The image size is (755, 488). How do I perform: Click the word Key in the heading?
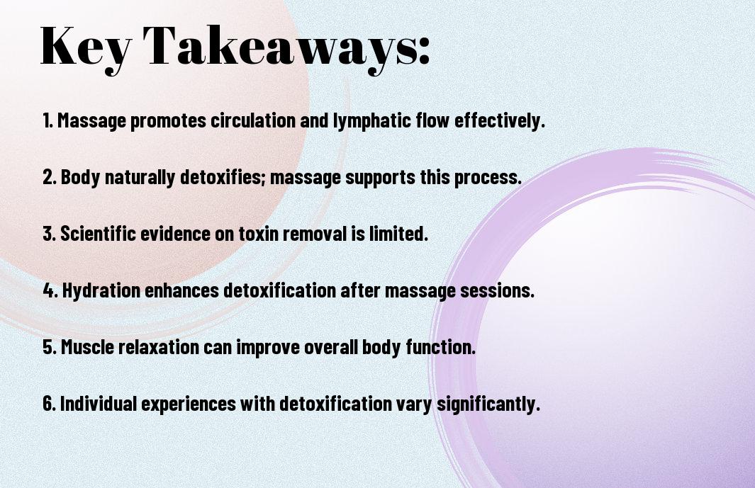(x=85, y=47)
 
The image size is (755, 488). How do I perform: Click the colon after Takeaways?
(x=424, y=50)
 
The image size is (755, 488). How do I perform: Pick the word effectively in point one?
(x=499, y=121)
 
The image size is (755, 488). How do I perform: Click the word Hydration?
(x=101, y=290)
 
